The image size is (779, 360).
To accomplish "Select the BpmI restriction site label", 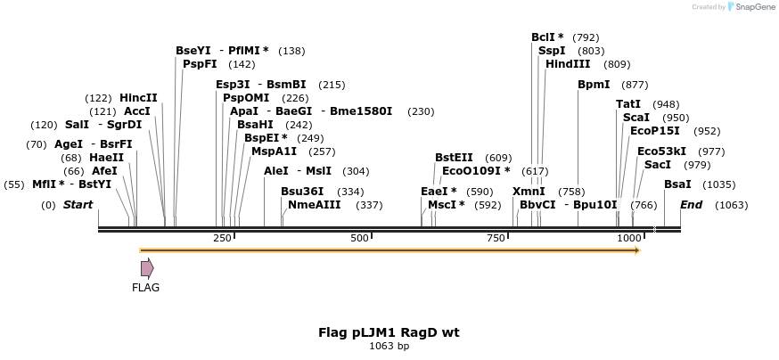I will coord(594,85).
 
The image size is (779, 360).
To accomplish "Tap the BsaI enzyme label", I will coord(677,184).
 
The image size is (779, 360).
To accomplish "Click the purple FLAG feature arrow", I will coord(147,267).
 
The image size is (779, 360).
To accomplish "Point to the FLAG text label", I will coord(145,288).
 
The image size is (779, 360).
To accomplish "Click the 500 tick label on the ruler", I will coord(359,238).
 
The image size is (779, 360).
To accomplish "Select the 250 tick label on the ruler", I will coord(222,238).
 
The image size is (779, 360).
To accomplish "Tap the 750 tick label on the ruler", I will coord(496,238).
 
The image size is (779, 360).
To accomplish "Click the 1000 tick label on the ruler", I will coord(629,238).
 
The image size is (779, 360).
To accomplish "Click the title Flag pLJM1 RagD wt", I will coord(389,332).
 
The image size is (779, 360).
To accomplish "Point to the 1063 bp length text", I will coord(389,346).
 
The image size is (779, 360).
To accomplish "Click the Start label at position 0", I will coord(78,205).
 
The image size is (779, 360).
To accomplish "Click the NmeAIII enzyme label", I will coord(314,205).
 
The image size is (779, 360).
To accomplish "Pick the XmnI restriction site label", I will coord(529,192).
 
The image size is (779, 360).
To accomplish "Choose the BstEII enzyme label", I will coord(454,158).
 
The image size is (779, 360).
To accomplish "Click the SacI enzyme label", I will coord(658,165).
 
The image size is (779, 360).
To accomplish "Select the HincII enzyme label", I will coord(138,98).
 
